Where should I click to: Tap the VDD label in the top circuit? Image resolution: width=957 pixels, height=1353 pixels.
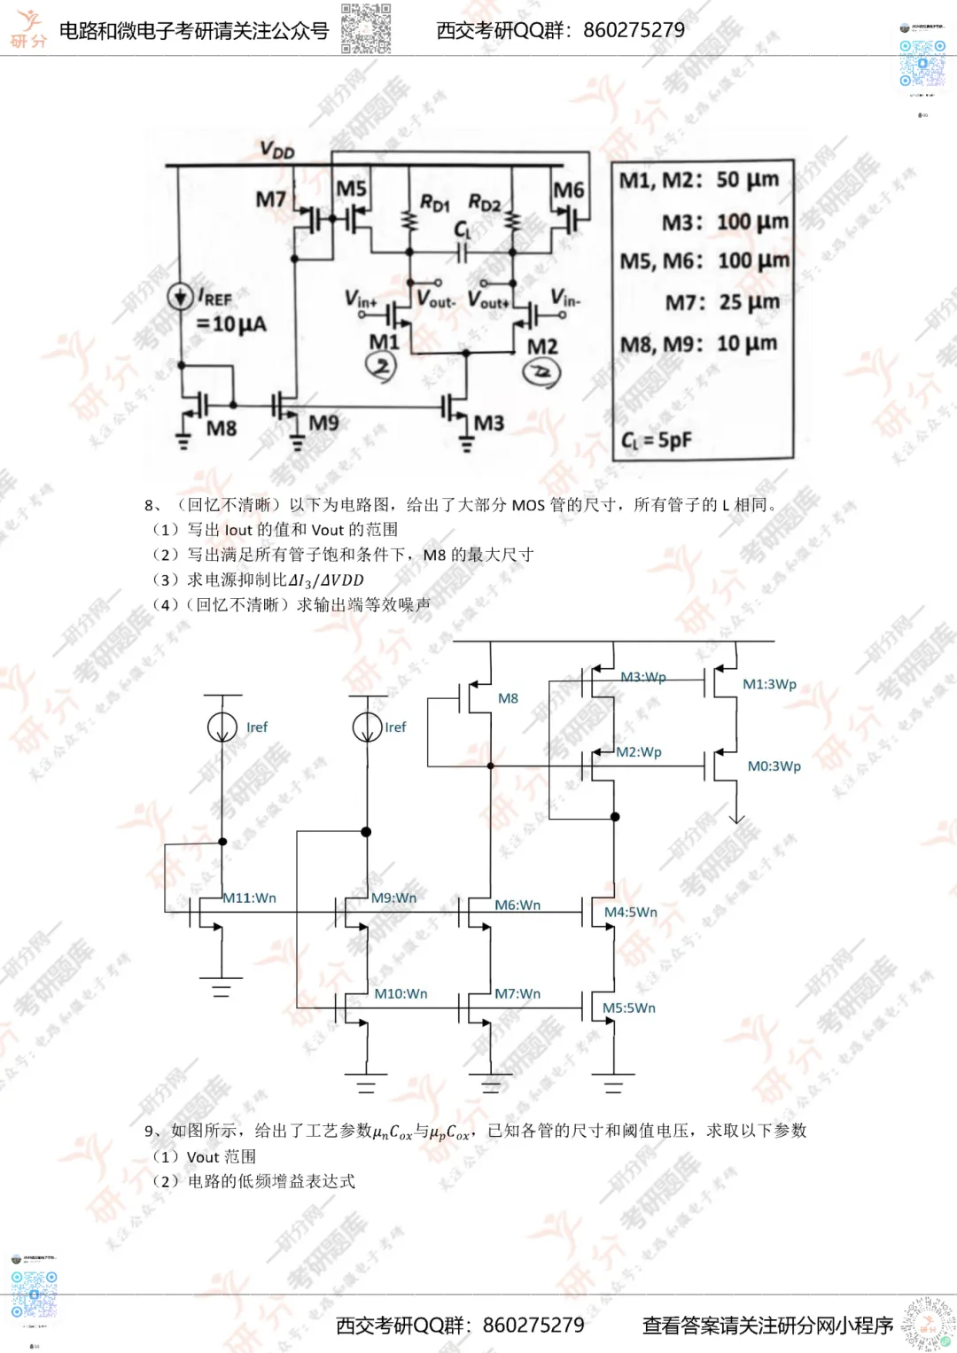point(277,151)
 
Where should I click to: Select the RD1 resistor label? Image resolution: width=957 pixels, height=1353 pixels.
point(434,204)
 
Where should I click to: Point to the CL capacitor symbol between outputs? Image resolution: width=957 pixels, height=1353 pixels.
point(462,253)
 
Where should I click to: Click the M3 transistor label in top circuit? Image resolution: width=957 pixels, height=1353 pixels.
point(488,423)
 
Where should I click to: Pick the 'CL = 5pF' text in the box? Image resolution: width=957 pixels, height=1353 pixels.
point(657,439)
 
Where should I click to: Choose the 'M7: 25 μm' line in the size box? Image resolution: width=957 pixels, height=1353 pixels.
point(722,302)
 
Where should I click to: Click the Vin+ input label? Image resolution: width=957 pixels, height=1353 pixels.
point(361,299)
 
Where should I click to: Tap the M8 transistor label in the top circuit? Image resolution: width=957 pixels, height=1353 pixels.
point(222,429)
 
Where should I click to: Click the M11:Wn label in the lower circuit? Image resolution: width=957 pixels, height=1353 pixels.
point(249,898)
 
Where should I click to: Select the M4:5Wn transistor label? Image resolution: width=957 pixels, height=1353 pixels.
point(631,912)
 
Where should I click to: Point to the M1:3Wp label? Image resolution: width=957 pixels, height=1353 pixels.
point(769,684)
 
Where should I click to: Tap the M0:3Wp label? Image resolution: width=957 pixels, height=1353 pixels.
point(774,766)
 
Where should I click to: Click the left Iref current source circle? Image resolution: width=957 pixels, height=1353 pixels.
point(222,727)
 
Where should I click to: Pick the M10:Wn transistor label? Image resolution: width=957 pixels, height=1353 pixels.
point(401,993)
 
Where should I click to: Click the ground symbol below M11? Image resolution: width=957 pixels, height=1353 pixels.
point(222,987)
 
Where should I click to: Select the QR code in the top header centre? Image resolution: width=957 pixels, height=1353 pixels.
point(366,29)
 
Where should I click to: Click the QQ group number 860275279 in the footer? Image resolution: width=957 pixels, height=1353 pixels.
point(533,1325)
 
